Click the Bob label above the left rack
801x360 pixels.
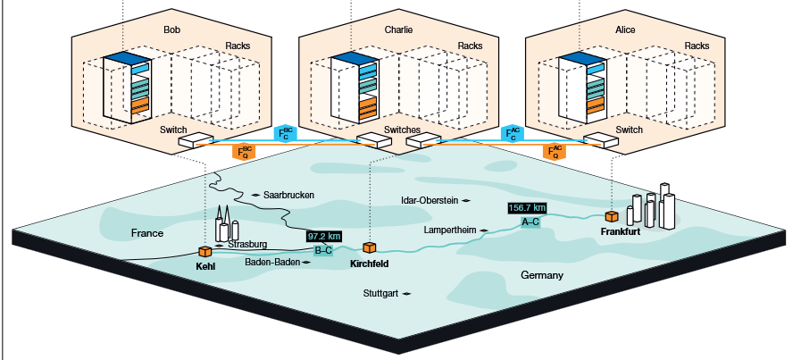click(x=171, y=29)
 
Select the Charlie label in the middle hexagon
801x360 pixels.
click(x=398, y=29)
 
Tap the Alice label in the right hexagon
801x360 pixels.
click(x=625, y=29)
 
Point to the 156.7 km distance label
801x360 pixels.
click(x=527, y=208)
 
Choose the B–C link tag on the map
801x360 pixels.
click(x=323, y=250)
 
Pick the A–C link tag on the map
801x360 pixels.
click(x=530, y=221)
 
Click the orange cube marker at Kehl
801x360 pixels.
click(x=204, y=252)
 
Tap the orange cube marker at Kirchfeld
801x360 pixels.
click(x=368, y=247)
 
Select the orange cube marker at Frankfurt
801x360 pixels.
click(x=612, y=216)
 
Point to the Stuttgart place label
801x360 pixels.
click(x=381, y=293)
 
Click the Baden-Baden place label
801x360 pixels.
click(x=272, y=263)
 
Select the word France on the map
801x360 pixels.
click(x=146, y=233)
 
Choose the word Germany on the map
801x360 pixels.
click(x=542, y=275)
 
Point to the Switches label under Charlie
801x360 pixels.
click(x=402, y=130)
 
